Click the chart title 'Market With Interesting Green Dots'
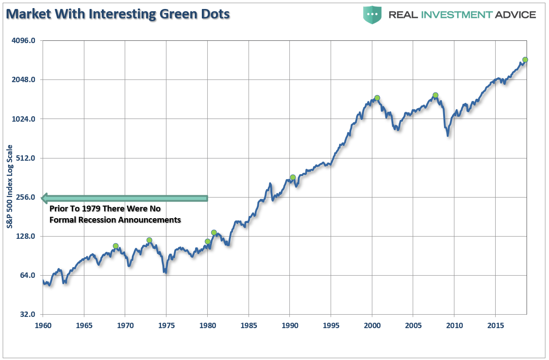(x=118, y=14)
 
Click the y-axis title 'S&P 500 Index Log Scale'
(x=10, y=187)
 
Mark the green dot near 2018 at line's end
(x=525, y=60)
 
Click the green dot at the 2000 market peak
(x=377, y=98)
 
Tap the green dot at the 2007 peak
(x=435, y=95)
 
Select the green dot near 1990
(x=292, y=177)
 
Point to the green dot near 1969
(x=116, y=246)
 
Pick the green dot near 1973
(x=149, y=240)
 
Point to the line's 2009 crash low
(x=447, y=135)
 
